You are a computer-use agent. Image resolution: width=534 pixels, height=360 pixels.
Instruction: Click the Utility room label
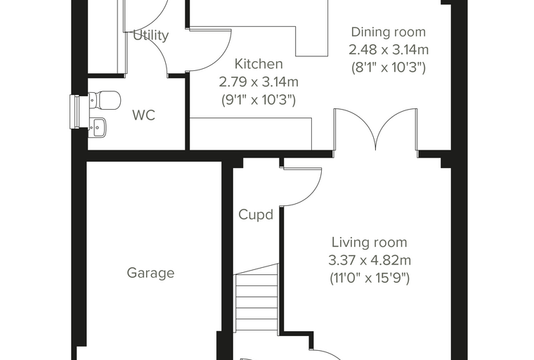(x=150, y=35)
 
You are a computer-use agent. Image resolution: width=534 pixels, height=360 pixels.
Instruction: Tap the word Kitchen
(x=259, y=64)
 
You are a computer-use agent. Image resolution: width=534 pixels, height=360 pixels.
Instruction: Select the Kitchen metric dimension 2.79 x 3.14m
(x=259, y=82)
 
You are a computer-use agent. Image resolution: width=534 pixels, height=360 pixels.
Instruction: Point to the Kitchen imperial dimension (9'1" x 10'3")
(x=259, y=100)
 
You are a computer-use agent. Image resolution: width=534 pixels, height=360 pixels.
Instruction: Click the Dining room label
(x=389, y=32)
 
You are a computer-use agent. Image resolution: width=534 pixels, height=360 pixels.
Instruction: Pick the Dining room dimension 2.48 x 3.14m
(x=389, y=50)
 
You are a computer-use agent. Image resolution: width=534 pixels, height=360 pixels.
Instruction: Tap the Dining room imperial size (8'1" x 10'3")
(x=389, y=67)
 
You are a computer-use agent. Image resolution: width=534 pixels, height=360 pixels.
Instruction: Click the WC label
(x=144, y=115)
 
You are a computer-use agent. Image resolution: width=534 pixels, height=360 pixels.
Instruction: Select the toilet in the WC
(x=105, y=100)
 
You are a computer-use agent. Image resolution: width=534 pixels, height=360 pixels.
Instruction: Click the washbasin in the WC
(x=98, y=127)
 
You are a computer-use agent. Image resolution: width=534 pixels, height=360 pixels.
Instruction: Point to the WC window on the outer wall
(x=74, y=112)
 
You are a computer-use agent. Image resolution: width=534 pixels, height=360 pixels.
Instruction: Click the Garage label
(x=150, y=273)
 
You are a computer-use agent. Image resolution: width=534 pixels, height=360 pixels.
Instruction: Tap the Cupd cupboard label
(x=256, y=214)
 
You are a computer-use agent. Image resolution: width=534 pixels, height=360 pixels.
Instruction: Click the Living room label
(x=370, y=243)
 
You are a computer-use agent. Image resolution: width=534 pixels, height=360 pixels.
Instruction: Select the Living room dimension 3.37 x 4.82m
(x=370, y=260)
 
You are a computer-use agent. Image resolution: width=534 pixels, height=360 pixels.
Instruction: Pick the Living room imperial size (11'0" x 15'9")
(x=370, y=278)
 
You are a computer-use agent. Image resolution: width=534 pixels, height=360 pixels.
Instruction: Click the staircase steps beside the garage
(x=257, y=297)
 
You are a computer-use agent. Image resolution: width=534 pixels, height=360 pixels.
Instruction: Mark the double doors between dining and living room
(x=376, y=130)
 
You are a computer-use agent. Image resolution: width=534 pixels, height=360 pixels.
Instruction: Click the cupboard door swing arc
(x=315, y=193)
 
